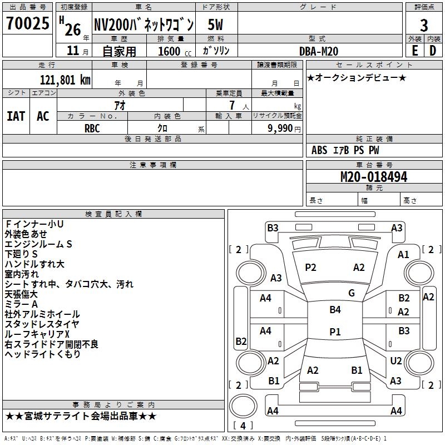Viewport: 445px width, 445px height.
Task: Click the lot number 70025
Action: click(x=27, y=24)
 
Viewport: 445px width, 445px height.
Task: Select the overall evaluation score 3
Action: click(x=424, y=25)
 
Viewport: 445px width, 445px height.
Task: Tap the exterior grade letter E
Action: click(x=414, y=50)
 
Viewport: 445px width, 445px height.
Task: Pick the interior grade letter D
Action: click(x=433, y=50)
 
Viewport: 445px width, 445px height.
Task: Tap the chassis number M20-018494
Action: click(x=374, y=177)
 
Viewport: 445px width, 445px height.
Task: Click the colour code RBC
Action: click(x=92, y=128)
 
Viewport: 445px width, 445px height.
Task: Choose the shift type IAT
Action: click(x=16, y=116)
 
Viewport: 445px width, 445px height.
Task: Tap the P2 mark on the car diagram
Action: click(x=310, y=268)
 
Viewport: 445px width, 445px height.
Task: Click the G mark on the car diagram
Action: click(x=352, y=293)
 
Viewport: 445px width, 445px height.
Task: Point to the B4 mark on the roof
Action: click(x=335, y=310)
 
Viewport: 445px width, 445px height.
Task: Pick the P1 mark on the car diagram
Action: click(x=335, y=332)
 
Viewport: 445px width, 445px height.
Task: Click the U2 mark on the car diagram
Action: click(x=395, y=361)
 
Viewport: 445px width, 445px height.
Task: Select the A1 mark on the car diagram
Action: click(x=403, y=254)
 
